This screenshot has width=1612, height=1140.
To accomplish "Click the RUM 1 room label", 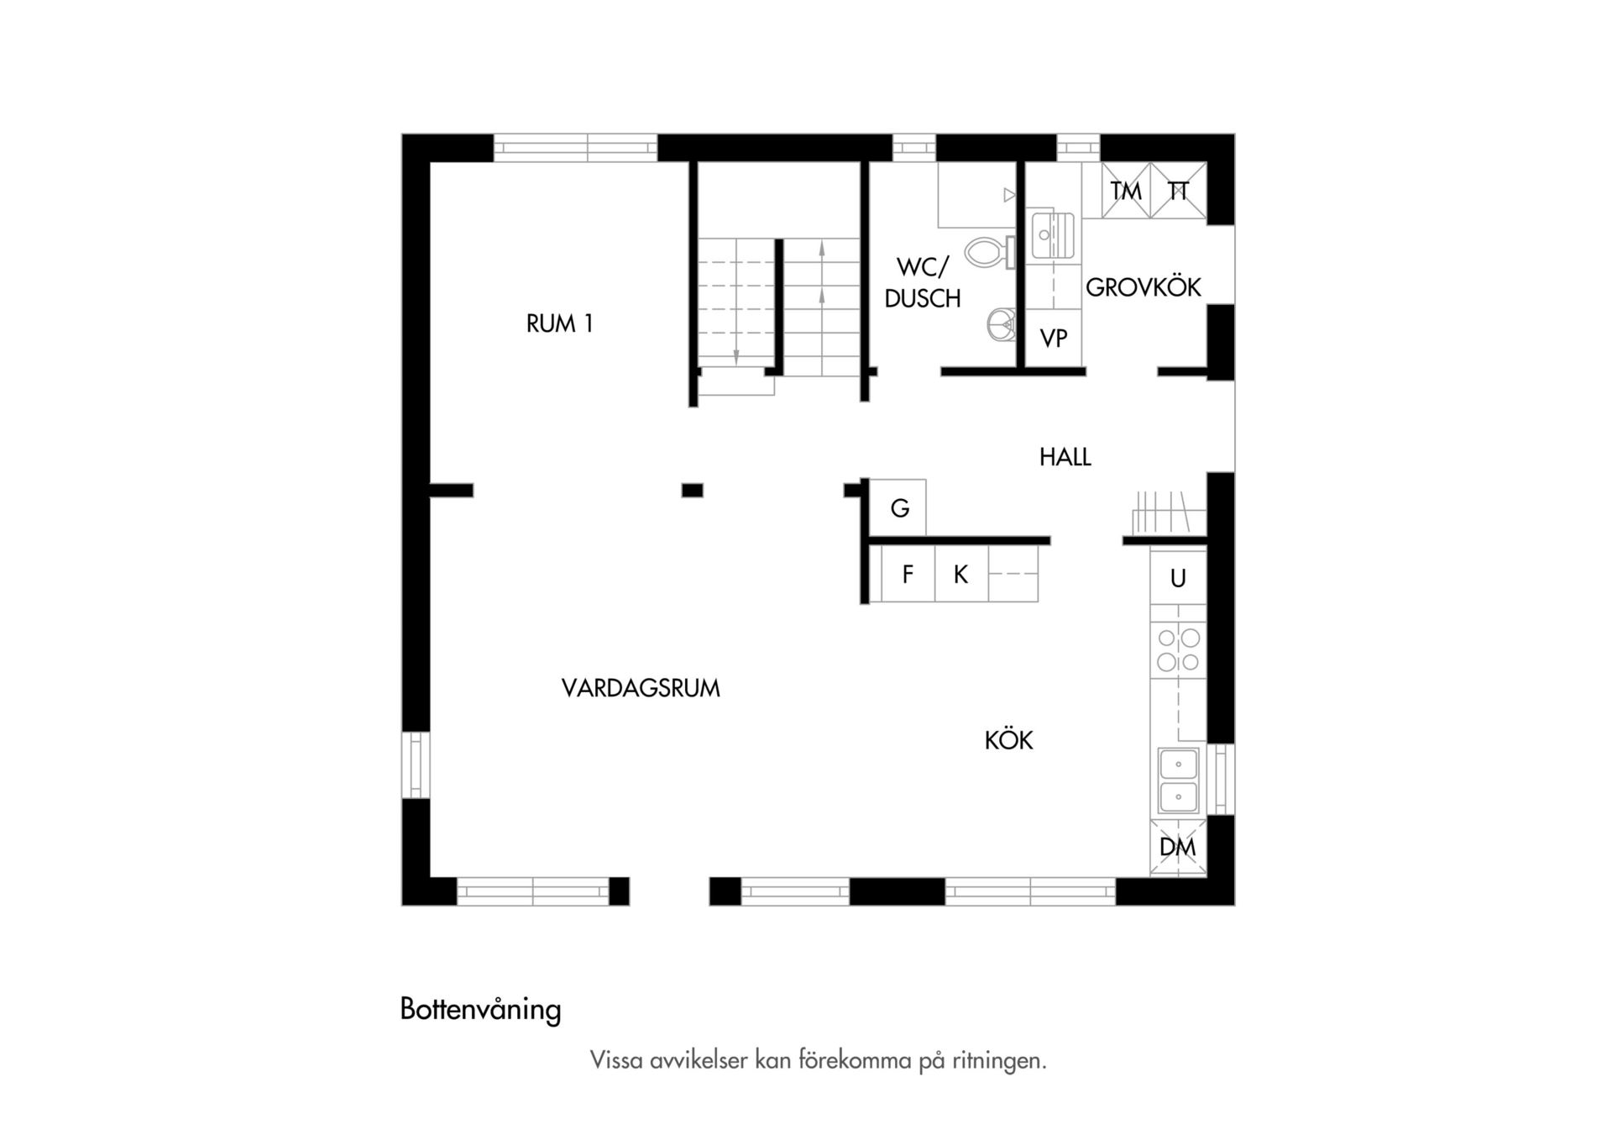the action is [x=559, y=323].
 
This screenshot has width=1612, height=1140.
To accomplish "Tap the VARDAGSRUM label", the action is [x=641, y=688].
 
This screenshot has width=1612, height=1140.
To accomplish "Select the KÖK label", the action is [x=1008, y=739].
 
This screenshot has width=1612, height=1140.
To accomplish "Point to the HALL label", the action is [x=1065, y=457].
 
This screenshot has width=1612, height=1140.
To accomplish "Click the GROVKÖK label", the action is [x=1143, y=286].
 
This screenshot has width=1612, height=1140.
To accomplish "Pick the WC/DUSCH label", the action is [x=923, y=282].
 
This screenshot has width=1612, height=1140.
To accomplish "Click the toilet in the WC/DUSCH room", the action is [x=990, y=252].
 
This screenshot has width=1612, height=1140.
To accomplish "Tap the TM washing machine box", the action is [x=1126, y=192].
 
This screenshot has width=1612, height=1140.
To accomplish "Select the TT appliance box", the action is [x=1178, y=192].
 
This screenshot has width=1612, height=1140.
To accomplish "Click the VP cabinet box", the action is [x=1053, y=338].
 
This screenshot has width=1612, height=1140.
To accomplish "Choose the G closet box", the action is [x=898, y=507].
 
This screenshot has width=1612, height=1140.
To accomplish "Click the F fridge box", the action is [x=908, y=574].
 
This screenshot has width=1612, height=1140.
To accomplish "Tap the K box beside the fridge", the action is [x=961, y=574].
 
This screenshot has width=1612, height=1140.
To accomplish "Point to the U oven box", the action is [x=1178, y=578].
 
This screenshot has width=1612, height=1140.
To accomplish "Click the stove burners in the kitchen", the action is [x=1178, y=650].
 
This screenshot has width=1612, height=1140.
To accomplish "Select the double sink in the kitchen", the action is [x=1179, y=780].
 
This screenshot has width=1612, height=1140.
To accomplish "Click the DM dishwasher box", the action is [x=1178, y=847].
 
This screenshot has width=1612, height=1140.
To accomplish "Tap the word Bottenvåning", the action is [x=480, y=1009].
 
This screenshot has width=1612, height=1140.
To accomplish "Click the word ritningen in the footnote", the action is [x=999, y=1061].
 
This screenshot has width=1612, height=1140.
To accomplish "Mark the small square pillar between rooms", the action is [x=692, y=491].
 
